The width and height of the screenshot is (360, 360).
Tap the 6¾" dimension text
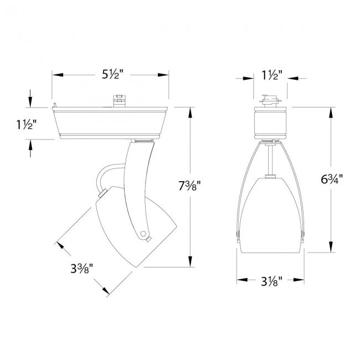(330, 179)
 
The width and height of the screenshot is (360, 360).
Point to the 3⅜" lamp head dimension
(81, 269)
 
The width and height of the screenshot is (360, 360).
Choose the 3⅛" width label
(271, 281)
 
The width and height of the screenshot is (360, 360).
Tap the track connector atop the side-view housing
(117, 101)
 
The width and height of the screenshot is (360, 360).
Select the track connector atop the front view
(271, 101)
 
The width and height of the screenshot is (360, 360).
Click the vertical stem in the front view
(270, 159)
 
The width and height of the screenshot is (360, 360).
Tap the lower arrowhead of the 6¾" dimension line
(331, 247)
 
